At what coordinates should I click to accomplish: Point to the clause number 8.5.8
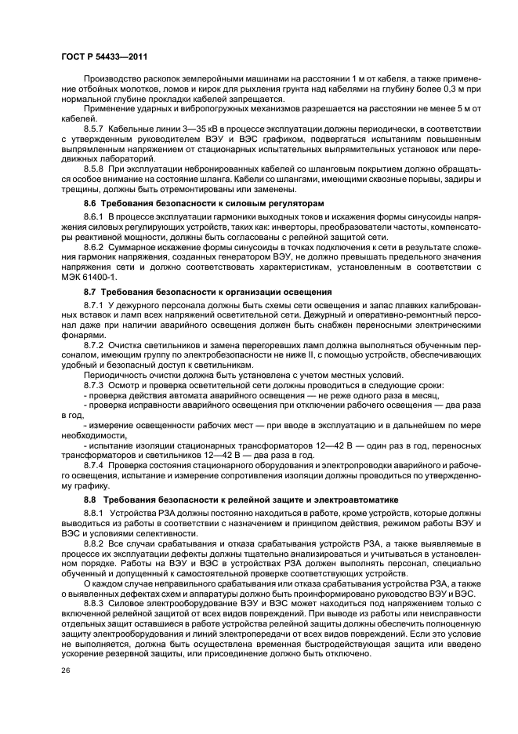[95, 169]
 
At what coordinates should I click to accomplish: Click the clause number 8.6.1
[95, 216]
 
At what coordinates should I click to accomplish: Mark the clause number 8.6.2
[95, 247]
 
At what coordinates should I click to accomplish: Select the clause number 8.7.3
[95, 386]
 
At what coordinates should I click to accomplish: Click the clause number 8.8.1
[95, 513]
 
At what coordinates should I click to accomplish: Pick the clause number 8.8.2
[95, 543]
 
